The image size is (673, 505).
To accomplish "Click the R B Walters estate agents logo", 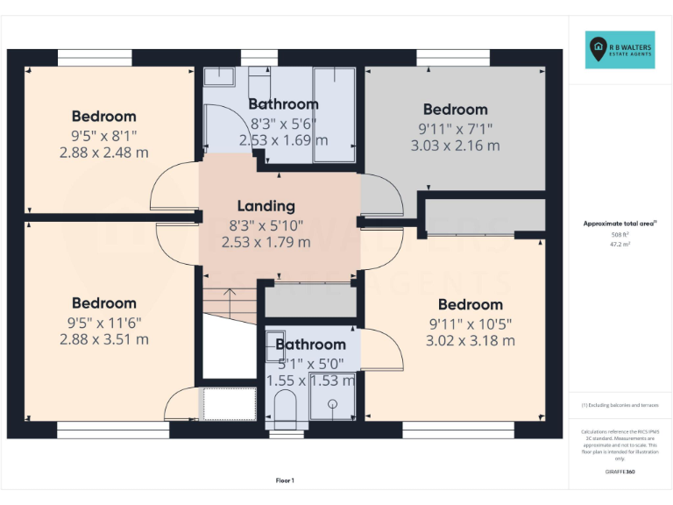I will point(620,50).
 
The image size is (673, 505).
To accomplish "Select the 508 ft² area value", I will point(620,235).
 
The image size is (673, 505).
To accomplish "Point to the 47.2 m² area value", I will point(620,245).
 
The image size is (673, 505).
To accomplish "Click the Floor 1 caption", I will point(285,480).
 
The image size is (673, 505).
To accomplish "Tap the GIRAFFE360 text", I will point(620,472).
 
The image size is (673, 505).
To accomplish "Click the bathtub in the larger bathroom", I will point(334,114).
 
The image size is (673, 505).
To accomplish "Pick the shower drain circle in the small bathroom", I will point(334,404).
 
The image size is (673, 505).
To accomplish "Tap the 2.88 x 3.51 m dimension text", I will point(103,339).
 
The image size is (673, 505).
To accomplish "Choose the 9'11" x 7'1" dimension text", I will point(455,128).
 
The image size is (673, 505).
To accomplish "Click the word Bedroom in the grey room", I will point(455,110).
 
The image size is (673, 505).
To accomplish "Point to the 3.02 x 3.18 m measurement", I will point(470,340).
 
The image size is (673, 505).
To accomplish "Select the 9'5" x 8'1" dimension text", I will point(103,135).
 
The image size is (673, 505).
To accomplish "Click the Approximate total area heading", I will point(620,224).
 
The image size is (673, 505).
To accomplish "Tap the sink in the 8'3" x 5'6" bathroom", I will point(221,76).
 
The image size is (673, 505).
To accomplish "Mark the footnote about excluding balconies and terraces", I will point(620,405).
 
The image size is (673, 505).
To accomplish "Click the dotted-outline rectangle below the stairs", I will point(228,404).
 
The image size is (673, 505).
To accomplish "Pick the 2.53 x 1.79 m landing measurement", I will point(266,242).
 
